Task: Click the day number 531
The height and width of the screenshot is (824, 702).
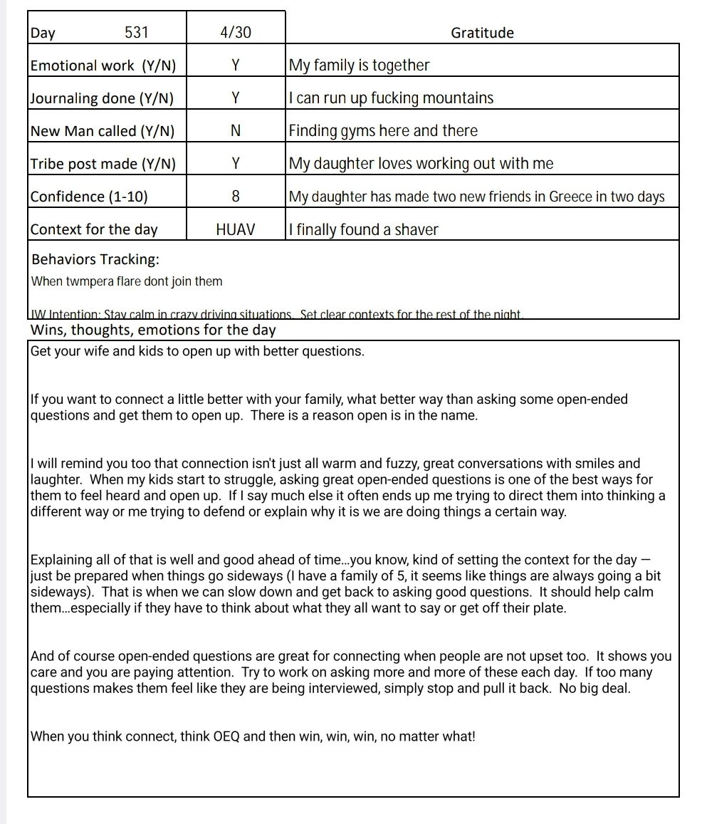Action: click(x=137, y=32)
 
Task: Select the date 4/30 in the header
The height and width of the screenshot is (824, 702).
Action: click(x=236, y=32)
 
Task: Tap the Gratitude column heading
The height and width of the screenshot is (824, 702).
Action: click(x=482, y=33)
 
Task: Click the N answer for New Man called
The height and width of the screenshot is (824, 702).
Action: click(x=236, y=131)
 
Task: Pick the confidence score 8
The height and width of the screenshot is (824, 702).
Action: click(x=236, y=197)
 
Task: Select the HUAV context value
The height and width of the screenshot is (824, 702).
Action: click(x=236, y=229)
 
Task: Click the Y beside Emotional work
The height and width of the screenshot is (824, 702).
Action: click(x=236, y=66)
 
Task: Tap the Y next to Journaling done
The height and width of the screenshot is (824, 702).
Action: click(x=236, y=98)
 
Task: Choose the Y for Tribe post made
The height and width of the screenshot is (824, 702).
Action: click(x=236, y=164)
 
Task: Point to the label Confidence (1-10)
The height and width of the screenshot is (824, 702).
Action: click(x=89, y=197)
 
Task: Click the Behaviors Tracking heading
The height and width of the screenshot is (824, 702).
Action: click(x=95, y=259)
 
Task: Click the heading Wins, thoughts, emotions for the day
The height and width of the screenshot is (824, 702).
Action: click(x=152, y=330)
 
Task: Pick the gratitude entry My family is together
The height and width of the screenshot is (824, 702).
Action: click(x=359, y=66)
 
